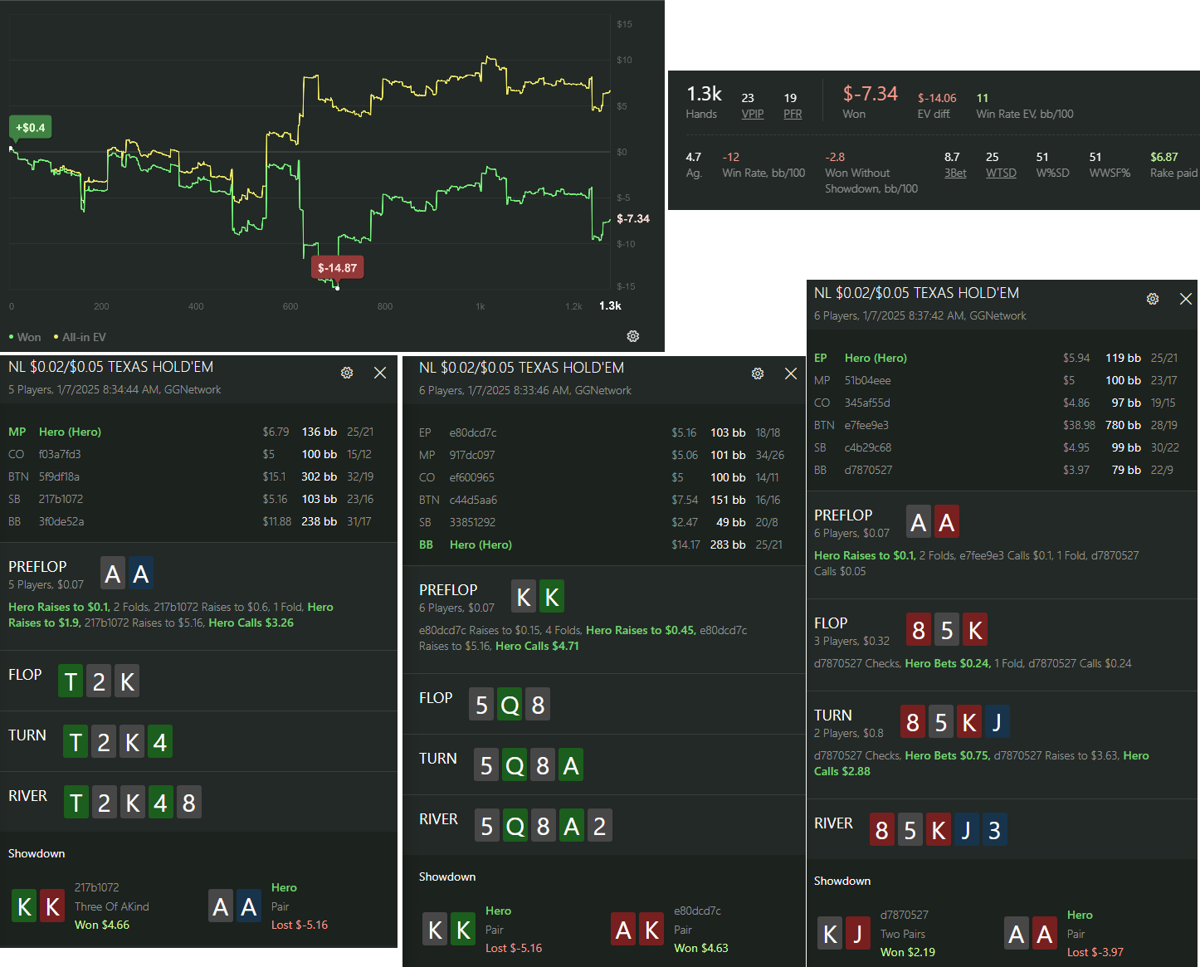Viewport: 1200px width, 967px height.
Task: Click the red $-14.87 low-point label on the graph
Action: tap(338, 267)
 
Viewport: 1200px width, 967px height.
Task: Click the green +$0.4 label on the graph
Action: tap(30, 128)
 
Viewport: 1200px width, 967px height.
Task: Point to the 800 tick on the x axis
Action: tap(385, 306)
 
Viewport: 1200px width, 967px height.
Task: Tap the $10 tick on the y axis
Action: tap(624, 61)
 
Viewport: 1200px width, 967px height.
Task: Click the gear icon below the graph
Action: tap(633, 336)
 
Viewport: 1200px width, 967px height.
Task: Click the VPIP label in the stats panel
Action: tap(752, 114)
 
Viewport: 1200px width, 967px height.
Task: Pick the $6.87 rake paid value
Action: tap(1164, 157)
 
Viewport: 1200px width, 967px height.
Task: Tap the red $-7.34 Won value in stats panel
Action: tap(870, 94)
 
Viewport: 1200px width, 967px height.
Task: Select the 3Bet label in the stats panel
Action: tap(955, 173)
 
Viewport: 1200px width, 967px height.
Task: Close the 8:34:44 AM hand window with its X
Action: tap(380, 373)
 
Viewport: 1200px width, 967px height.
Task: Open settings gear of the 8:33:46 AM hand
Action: tap(757, 374)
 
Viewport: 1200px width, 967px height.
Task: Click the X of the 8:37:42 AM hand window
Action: tap(1186, 299)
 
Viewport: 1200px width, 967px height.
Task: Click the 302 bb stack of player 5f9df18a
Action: tap(319, 476)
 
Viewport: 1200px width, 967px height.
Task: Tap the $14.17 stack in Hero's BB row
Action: tap(685, 545)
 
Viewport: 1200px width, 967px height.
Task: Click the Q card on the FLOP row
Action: tap(510, 705)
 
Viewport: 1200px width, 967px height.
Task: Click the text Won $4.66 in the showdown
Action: tap(102, 925)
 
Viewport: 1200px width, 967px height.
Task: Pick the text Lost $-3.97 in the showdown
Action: tap(1095, 952)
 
